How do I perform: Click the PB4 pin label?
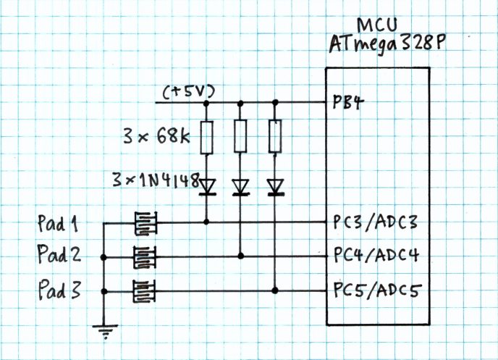pos(347,102)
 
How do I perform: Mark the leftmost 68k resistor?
pos(206,138)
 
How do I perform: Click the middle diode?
pos(240,188)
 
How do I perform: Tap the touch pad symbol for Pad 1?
pos(145,222)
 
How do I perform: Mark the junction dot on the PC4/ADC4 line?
pos(240,256)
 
